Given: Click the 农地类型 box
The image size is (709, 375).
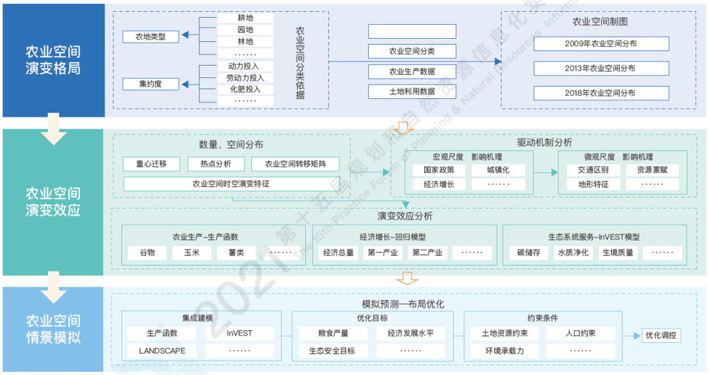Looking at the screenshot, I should tap(151, 37).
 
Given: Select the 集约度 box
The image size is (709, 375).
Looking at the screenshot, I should tap(151, 84).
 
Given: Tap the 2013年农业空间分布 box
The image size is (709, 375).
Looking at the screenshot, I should tap(601, 68).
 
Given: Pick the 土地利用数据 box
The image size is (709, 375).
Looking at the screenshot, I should tap(412, 92).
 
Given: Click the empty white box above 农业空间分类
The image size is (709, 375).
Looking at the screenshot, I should tap(412, 31).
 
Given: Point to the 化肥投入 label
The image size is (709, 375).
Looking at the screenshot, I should tap(245, 89).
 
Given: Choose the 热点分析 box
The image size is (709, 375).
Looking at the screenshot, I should tap(215, 164).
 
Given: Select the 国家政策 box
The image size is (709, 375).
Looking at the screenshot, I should tap(435, 170).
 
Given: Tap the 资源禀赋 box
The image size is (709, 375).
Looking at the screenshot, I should tap(652, 170).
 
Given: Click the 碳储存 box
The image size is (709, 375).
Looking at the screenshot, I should tap(528, 252).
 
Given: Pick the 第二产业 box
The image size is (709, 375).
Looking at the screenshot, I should tap(427, 252).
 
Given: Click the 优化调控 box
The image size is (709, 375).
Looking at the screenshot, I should tap(661, 336).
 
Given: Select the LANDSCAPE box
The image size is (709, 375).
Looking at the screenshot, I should tap(162, 351).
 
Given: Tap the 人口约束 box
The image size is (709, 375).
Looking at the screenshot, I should tap(580, 333).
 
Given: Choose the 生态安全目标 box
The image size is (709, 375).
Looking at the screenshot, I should tap(332, 351).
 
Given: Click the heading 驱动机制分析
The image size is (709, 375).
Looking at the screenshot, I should tap(544, 142).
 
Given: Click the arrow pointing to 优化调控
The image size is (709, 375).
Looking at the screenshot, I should tap(631, 336).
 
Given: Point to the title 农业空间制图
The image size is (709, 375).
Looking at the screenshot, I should tap(600, 22).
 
